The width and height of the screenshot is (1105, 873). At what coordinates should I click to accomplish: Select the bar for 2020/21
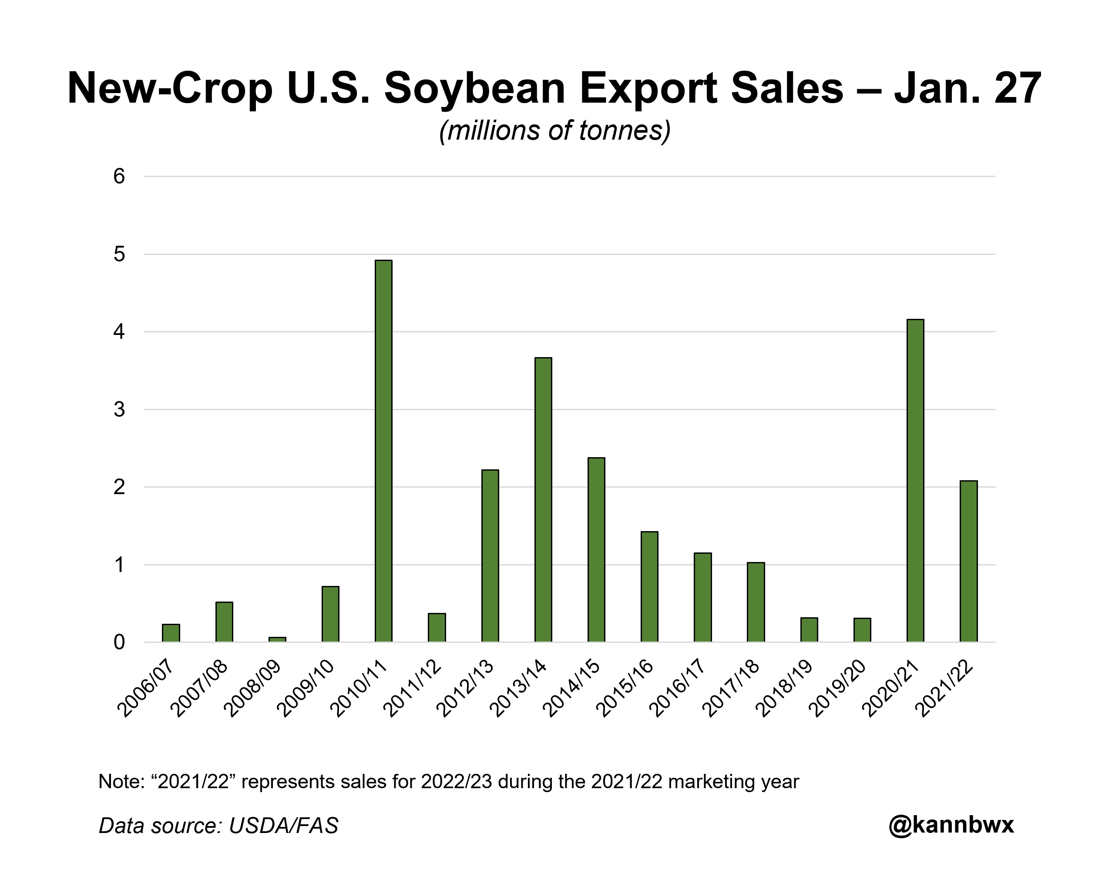click(915, 481)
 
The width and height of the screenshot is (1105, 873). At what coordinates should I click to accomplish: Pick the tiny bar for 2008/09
click(277, 639)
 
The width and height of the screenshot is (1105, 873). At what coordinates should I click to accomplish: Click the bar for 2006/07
click(171, 633)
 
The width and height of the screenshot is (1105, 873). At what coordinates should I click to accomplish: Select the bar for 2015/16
click(649, 587)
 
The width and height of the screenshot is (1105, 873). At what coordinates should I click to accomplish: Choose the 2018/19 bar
click(809, 630)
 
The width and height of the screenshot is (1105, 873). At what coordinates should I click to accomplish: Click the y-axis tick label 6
click(119, 176)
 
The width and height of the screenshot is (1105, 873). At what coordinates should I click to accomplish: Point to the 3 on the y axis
click(119, 409)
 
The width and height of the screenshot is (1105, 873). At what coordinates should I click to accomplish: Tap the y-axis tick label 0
click(119, 642)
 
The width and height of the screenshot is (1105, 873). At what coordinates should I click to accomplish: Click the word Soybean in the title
click(474, 88)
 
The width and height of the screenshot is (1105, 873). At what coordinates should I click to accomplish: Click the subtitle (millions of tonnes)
click(554, 131)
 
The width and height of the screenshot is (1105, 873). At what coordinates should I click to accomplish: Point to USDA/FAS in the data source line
click(283, 826)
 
